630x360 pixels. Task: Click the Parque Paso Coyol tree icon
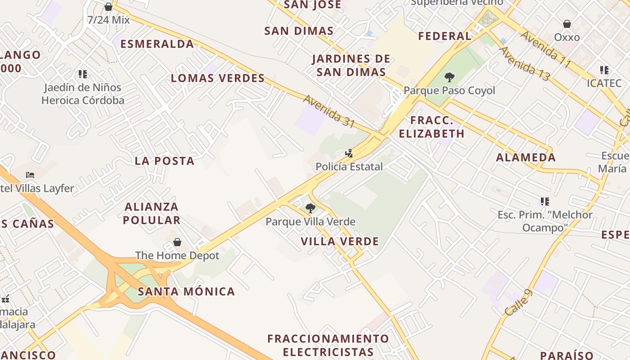pos(449,77)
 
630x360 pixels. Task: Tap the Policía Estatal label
pos(349,166)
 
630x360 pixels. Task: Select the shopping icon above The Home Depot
pos(177,242)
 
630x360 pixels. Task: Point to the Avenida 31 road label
pos(329,111)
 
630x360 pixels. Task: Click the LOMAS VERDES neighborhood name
pos(218,78)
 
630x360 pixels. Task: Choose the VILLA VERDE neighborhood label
pos(340,242)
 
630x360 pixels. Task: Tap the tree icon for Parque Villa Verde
pos(310,208)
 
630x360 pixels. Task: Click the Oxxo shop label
pos(567,37)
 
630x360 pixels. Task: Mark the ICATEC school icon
pos(604,70)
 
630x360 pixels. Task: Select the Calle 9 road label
pos(518,302)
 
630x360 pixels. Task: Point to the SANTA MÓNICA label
pos(186,292)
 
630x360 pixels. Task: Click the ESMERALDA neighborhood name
pos(157,44)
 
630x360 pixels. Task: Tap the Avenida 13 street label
pos(524,64)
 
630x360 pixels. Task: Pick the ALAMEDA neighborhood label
pos(526,157)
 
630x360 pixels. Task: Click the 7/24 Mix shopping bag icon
pos(108,7)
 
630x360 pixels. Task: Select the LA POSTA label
pos(165,161)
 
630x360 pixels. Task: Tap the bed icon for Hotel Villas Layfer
pos(30,175)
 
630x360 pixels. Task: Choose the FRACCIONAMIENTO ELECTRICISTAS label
pos(328,345)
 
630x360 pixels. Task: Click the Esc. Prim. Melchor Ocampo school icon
pos(544,202)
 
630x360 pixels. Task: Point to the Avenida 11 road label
pos(545,49)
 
